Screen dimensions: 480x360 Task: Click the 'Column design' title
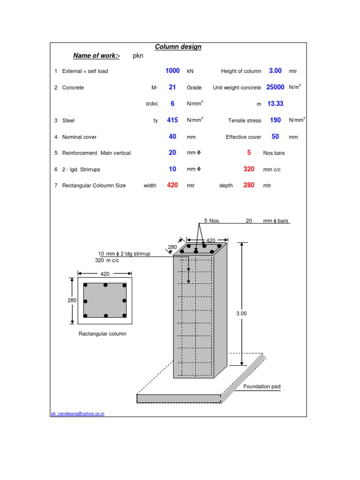pyautogui.click(x=178, y=47)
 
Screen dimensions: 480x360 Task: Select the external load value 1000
pyautogui.click(x=172, y=71)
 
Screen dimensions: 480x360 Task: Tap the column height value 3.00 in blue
pyautogui.click(x=275, y=71)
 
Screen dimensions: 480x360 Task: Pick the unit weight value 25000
pyautogui.click(x=275, y=87)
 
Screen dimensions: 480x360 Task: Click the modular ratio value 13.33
pyautogui.click(x=275, y=104)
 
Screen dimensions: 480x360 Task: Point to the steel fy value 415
pyautogui.click(x=172, y=120)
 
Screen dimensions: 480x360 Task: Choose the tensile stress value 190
pyautogui.click(x=275, y=120)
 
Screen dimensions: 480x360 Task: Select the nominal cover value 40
pyautogui.click(x=172, y=136)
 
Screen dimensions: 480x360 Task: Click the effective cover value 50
pyautogui.click(x=275, y=136)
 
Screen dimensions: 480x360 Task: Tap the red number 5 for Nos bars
pyautogui.click(x=249, y=153)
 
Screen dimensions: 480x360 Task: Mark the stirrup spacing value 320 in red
pyautogui.click(x=249, y=169)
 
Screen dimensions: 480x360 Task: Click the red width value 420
pyautogui.click(x=172, y=185)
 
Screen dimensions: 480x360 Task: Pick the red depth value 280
pyautogui.click(x=249, y=185)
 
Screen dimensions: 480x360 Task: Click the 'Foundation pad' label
pyautogui.click(x=262, y=386)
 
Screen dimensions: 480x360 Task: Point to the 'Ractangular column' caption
pyautogui.click(x=102, y=334)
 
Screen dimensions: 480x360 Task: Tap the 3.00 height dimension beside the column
pyautogui.click(x=241, y=314)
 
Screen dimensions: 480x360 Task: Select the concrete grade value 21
pyautogui.click(x=172, y=87)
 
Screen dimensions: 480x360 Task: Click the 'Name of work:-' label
pyautogui.click(x=97, y=56)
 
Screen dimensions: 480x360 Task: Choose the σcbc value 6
pyautogui.click(x=172, y=104)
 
